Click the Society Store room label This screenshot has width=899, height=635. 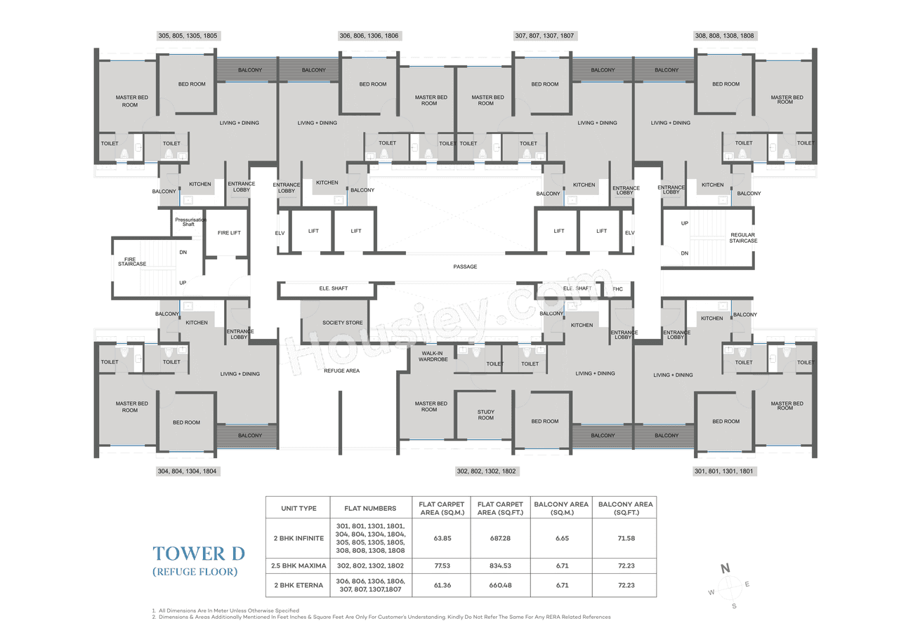point(343,323)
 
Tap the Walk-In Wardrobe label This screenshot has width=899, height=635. point(433,356)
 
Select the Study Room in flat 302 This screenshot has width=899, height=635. point(485,415)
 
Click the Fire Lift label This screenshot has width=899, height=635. point(229,233)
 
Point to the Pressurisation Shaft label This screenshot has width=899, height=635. point(188,222)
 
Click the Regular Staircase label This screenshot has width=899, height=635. point(743,238)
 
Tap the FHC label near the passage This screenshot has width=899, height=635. point(617,289)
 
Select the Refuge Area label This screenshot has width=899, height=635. point(342,370)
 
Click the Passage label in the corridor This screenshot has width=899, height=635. point(465,267)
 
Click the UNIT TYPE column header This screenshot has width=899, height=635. point(298,508)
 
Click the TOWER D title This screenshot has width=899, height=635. point(199,553)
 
